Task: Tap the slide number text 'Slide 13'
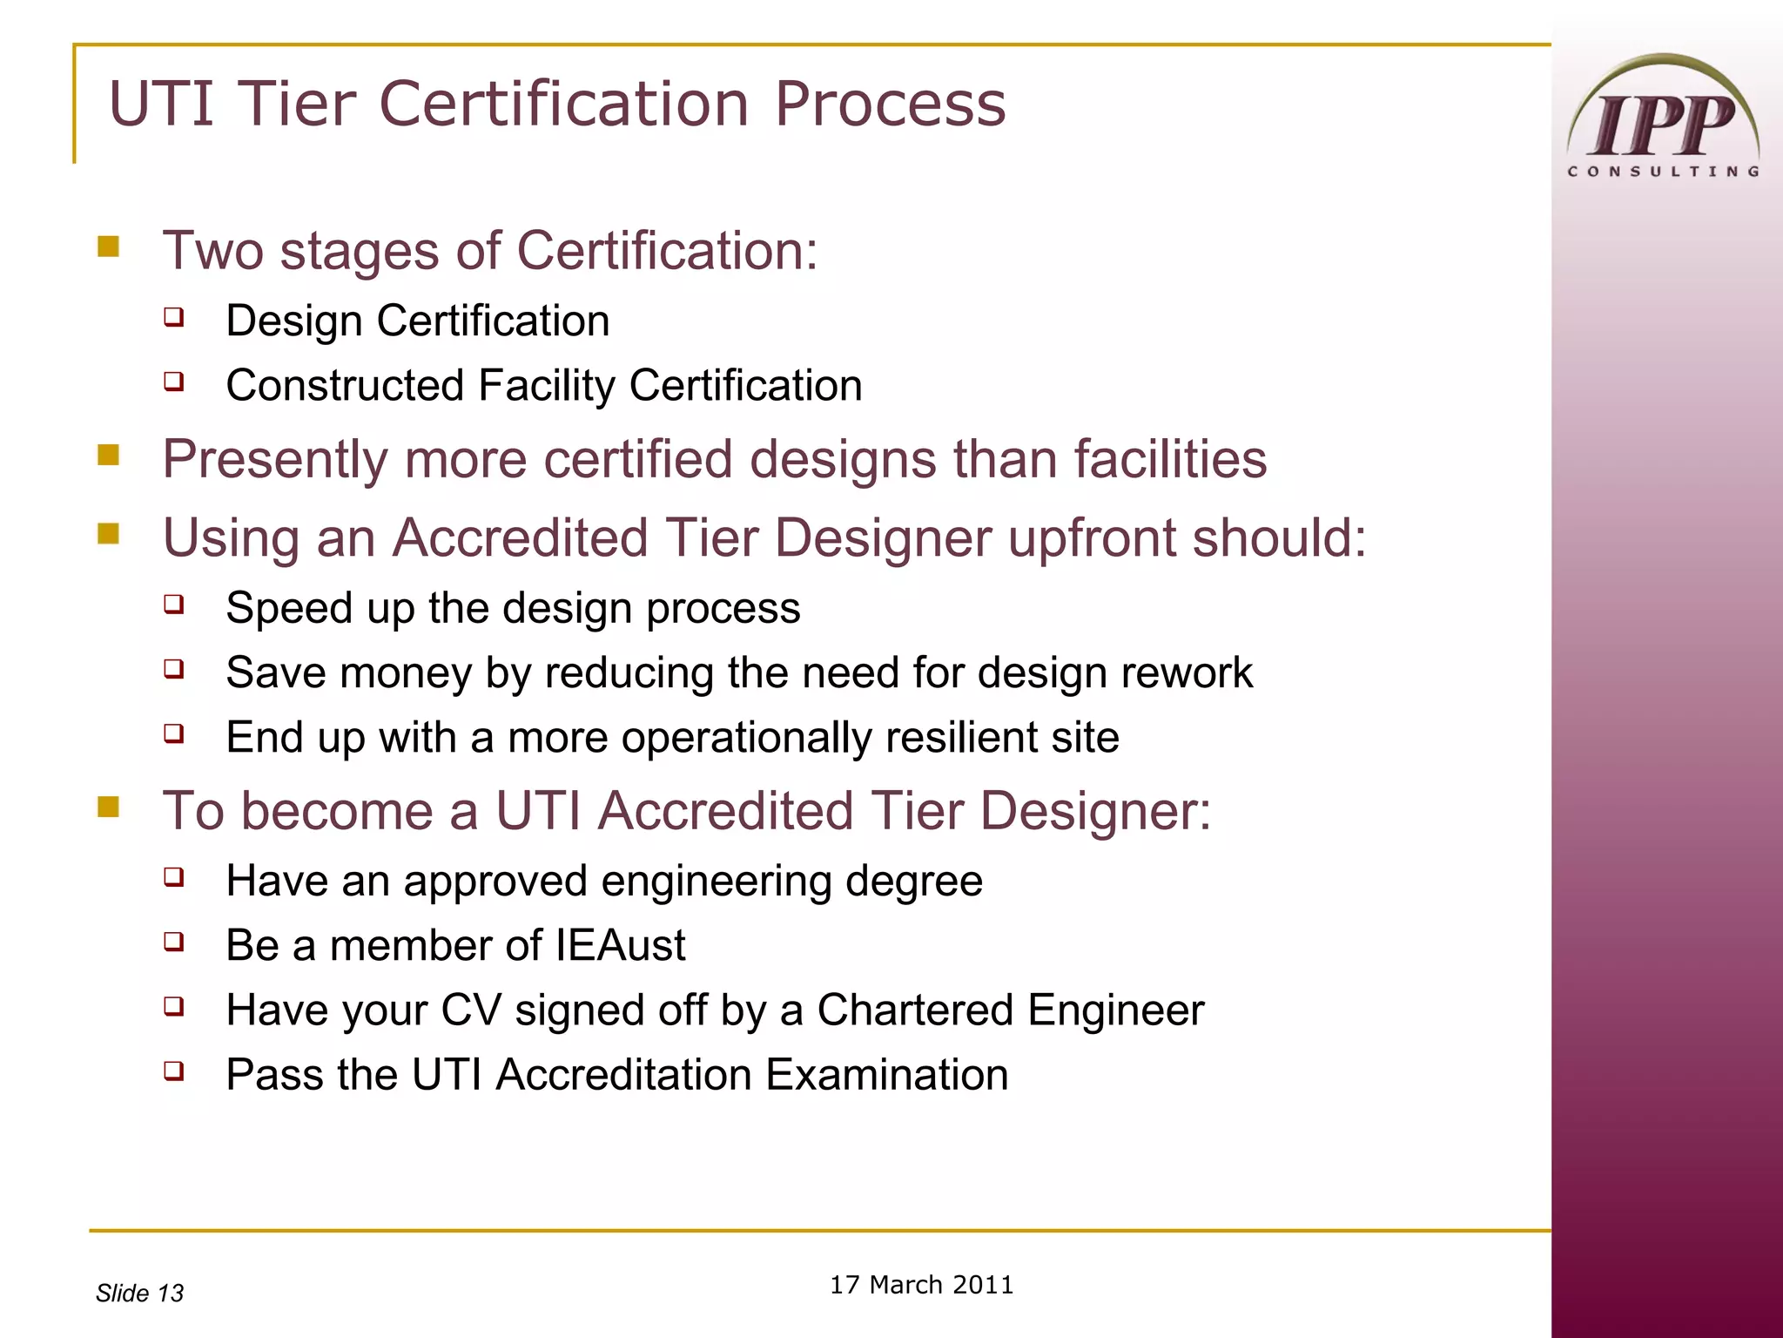click(x=139, y=1293)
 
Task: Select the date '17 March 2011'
click(x=921, y=1285)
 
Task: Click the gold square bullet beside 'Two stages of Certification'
click(x=109, y=247)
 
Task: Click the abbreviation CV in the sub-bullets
click(x=471, y=1010)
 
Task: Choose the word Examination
click(x=887, y=1075)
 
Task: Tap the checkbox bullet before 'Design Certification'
click(x=174, y=316)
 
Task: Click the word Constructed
click(x=344, y=386)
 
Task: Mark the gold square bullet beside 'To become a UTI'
click(x=109, y=807)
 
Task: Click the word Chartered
click(x=914, y=1010)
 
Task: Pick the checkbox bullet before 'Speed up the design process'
click(x=174, y=604)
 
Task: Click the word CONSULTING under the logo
click(x=1663, y=172)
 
